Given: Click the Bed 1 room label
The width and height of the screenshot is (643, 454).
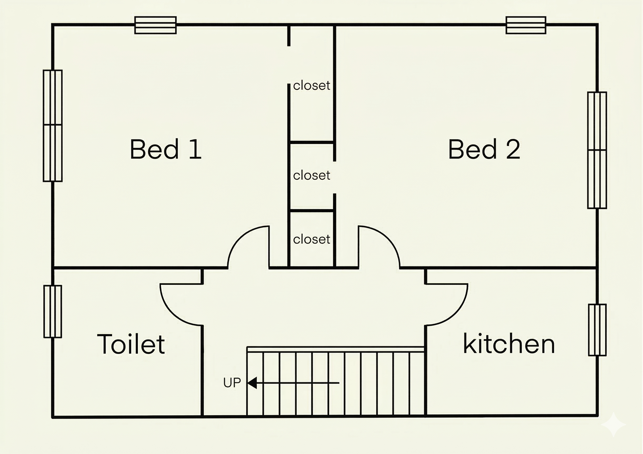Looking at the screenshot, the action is coord(166,149).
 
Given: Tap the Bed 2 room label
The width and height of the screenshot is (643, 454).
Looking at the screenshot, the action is coord(484,149).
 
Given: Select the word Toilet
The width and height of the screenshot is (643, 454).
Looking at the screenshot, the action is coord(131,344).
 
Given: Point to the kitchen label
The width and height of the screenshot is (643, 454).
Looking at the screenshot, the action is coord(509,343).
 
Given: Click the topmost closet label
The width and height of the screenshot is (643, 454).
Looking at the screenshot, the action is coord(312,85).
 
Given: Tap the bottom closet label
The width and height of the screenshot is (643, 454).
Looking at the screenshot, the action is coord(312,239).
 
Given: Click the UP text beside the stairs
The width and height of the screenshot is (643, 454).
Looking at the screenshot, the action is coord(232,383).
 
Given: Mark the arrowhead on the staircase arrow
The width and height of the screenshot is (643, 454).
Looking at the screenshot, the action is coord(252,383).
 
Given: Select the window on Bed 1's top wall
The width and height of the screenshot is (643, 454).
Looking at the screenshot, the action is coord(155,25).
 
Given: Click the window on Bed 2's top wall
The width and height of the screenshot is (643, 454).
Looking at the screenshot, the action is coord(526,25).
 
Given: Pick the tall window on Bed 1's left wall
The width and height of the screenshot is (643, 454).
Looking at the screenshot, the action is coord(53,126).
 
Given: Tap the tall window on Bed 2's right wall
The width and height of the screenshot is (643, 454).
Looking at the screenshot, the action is coord(597,150).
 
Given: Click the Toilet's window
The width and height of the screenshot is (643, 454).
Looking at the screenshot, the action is coord(53,311).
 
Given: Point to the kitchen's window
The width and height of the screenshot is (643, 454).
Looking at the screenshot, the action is coord(597,330).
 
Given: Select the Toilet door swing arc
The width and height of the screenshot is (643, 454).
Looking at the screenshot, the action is coord(172,314).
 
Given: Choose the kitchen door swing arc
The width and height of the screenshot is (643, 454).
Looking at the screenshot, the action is coord(456,314).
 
